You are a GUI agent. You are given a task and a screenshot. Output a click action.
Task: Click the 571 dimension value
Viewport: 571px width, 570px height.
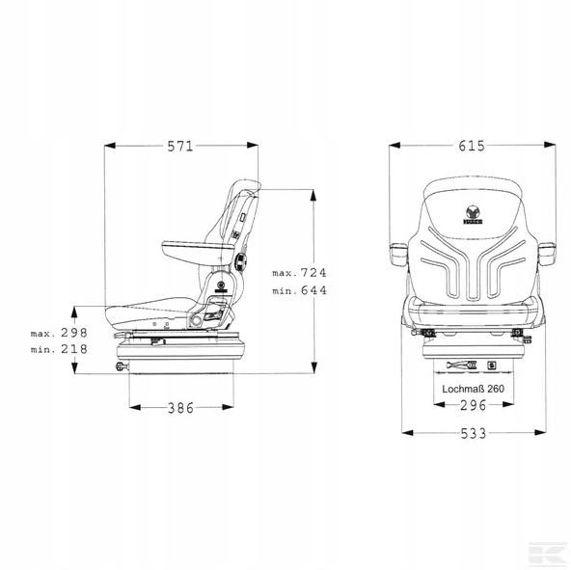[180, 147]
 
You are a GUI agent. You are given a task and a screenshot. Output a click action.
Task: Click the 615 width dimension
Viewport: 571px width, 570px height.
[472, 146]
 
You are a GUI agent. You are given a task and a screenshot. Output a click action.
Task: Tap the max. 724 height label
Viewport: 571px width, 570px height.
[299, 273]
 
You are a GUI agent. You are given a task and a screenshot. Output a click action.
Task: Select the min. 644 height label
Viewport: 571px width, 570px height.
[299, 290]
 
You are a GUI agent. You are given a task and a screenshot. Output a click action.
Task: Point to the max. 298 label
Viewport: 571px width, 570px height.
[59, 333]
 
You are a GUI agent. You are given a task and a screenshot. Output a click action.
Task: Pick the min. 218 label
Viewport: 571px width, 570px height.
[59, 350]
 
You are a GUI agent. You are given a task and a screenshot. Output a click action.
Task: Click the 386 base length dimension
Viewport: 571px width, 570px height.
[180, 408]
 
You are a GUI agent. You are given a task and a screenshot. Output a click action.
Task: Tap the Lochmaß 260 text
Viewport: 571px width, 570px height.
[473, 389]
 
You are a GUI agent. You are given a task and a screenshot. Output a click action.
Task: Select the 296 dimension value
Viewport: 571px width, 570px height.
[473, 405]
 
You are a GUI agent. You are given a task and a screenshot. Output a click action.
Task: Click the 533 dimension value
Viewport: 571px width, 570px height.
[474, 434]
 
